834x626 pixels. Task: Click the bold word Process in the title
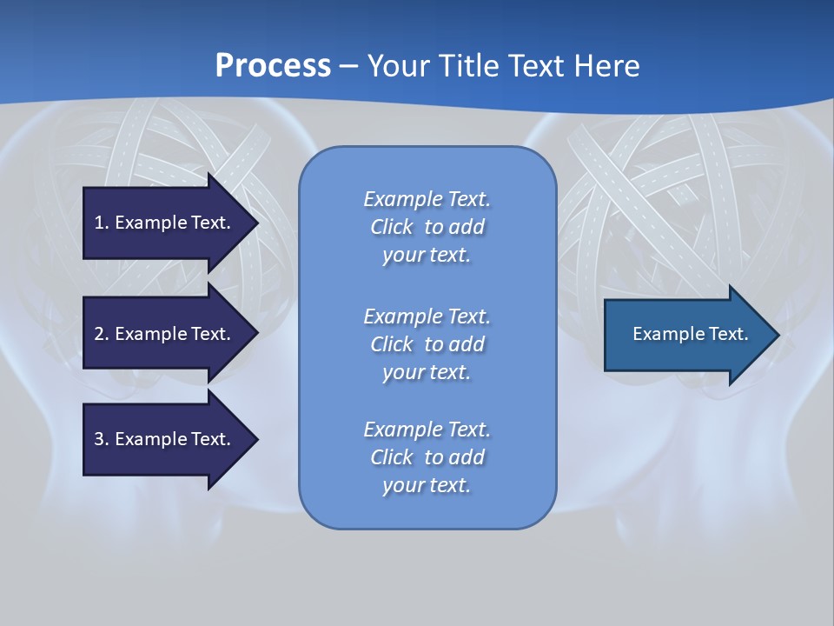pyautogui.click(x=273, y=66)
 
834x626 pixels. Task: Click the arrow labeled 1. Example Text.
pyautogui.click(x=162, y=223)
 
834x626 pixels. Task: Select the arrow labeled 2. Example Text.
pyautogui.click(x=162, y=334)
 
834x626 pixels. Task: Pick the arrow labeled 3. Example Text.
pyautogui.click(x=162, y=439)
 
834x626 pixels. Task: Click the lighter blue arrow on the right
pyautogui.click(x=691, y=335)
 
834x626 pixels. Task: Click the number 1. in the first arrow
pyautogui.click(x=102, y=223)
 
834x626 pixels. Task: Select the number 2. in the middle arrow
pyautogui.click(x=102, y=334)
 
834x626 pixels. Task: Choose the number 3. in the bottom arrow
pyautogui.click(x=102, y=439)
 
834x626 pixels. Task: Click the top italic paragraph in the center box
pyautogui.click(x=427, y=227)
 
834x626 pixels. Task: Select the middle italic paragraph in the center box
pyautogui.click(x=427, y=344)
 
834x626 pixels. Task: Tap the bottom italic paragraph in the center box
pyautogui.click(x=427, y=457)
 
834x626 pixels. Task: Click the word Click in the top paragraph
pyautogui.click(x=392, y=227)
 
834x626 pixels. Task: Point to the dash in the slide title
pyautogui.click(x=348, y=66)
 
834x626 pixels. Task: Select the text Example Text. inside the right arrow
pyautogui.click(x=690, y=334)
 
